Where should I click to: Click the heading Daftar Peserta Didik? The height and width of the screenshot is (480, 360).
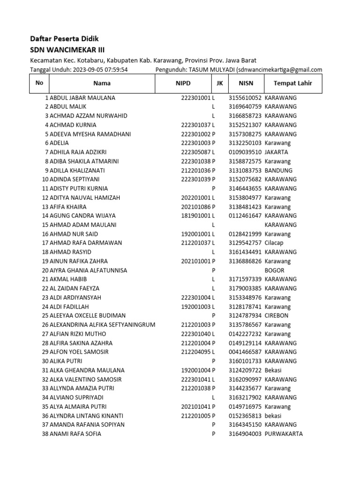64,38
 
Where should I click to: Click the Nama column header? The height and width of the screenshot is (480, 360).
102,83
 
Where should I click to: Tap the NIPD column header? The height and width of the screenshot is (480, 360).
183,83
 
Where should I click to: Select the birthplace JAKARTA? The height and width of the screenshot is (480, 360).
276,152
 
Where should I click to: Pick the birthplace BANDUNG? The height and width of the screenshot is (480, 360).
278,171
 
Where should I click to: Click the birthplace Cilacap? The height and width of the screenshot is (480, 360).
275,243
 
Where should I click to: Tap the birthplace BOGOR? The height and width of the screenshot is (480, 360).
274,270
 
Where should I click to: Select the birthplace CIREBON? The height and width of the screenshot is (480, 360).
276,315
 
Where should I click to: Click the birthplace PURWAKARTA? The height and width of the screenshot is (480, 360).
283,434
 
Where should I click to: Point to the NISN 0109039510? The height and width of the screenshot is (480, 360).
245,152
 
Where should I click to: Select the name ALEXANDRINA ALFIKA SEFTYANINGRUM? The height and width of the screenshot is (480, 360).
102,325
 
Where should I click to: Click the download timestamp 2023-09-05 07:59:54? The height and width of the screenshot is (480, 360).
100,70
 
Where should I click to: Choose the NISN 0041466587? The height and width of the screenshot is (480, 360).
245,352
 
